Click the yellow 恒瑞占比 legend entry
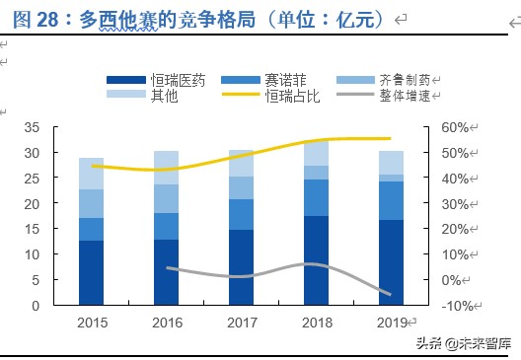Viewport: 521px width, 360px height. [266, 95]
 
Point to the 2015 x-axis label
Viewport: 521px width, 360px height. [92, 322]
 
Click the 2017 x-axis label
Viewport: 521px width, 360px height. [242, 322]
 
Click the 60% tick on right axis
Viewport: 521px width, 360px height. [454, 127]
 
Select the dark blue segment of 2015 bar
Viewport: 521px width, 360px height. [92, 272]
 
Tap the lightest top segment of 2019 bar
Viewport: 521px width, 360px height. [391, 163]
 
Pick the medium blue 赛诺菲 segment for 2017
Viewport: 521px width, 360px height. [242, 214]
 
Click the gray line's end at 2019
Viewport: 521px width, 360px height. [391, 295]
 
